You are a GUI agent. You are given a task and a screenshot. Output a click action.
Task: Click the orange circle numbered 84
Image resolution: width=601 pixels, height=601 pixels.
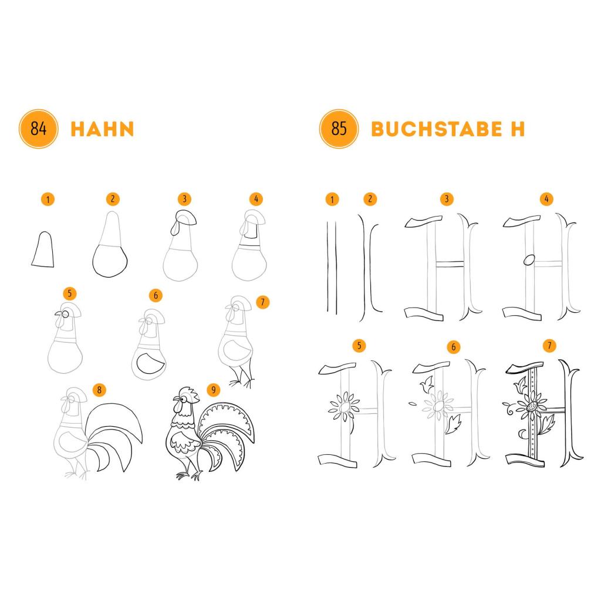click(38, 129)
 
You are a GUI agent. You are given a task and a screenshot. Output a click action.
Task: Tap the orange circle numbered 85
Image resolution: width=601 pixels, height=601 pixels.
click(339, 129)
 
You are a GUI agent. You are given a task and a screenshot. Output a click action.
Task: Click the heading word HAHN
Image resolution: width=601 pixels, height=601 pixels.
click(102, 129)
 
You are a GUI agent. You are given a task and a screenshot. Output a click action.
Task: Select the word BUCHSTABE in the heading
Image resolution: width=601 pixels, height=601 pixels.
click(437, 129)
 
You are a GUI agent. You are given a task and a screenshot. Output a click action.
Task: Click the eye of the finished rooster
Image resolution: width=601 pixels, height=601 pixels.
click(184, 399)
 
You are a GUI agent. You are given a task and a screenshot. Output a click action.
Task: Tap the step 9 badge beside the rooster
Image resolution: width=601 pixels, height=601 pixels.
click(214, 390)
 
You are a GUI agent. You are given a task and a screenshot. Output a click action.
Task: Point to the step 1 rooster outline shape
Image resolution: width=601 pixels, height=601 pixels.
click(42, 249)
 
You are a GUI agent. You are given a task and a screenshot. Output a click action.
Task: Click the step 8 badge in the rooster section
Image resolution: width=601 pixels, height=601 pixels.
click(99, 390)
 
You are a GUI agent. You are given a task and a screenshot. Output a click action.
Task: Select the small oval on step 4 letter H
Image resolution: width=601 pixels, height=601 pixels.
click(529, 260)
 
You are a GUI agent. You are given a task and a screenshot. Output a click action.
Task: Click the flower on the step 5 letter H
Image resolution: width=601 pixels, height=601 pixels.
click(344, 407)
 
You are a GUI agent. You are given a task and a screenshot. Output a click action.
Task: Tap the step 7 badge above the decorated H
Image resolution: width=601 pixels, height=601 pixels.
click(549, 345)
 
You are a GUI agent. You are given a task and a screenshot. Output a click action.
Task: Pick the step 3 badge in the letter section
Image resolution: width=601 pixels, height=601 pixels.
click(447, 199)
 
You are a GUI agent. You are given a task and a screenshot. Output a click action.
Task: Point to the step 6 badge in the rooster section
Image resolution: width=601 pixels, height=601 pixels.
click(156, 295)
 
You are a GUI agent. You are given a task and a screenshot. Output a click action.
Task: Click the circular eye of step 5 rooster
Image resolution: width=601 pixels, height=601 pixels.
click(66, 315)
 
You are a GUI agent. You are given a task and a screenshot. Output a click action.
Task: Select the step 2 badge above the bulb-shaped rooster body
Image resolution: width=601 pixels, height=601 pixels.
click(113, 199)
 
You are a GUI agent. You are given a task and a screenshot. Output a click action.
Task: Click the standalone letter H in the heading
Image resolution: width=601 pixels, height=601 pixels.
click(518, 129)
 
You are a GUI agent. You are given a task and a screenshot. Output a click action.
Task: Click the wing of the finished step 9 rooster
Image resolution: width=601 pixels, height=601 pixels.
click(185, 443)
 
